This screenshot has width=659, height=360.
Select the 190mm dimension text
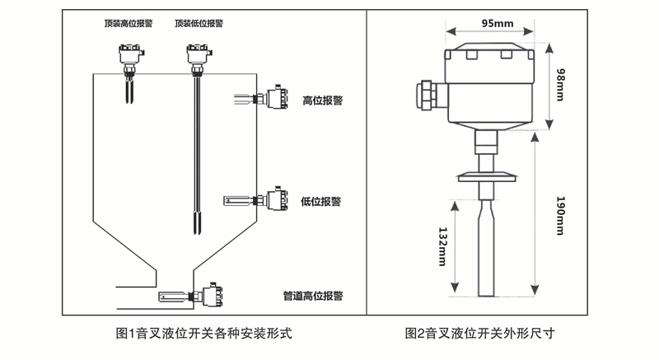pyautogui.click(x=560, y=217)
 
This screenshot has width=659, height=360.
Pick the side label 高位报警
pyautogui.click(x=323, y=101)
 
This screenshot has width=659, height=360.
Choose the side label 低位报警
pyautogui.click(x=321, y=201)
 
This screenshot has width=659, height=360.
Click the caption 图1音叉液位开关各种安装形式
pyautogui.click(x=205, y=334)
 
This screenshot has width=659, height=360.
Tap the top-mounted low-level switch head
pyautogui.click(x=195, y=57)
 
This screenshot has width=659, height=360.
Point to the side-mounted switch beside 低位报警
pyautogui.click(x=273, y=199)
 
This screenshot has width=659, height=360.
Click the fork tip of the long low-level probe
pyautogui.click(x=196, y=224)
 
